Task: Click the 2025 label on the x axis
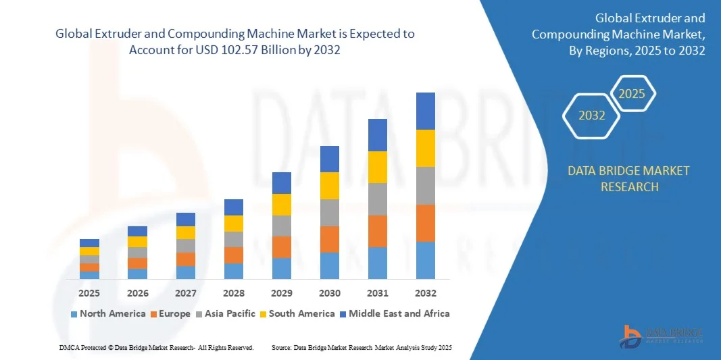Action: click(x=89, y=293)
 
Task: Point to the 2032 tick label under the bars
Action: click(x=426, y=293)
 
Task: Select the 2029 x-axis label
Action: click(x=282, y=293)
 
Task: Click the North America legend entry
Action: click(x=108, y=313)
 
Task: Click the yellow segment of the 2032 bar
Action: click(x=426, y=148)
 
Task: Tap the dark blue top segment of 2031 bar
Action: click(x=378, y=135)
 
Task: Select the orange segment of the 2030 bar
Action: click(x=330, y=239)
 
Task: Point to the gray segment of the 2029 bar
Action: click(x=282, y=226)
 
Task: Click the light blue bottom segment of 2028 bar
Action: click(x=234, y=271)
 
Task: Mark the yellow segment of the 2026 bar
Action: click(x=137, y=242)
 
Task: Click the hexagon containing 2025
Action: click(x=632, y=94)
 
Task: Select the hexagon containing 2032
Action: click(x=592, y=115)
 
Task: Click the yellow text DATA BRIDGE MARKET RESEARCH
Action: click(x=629, y=179)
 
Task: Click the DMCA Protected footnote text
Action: click(x=156, y=347)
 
